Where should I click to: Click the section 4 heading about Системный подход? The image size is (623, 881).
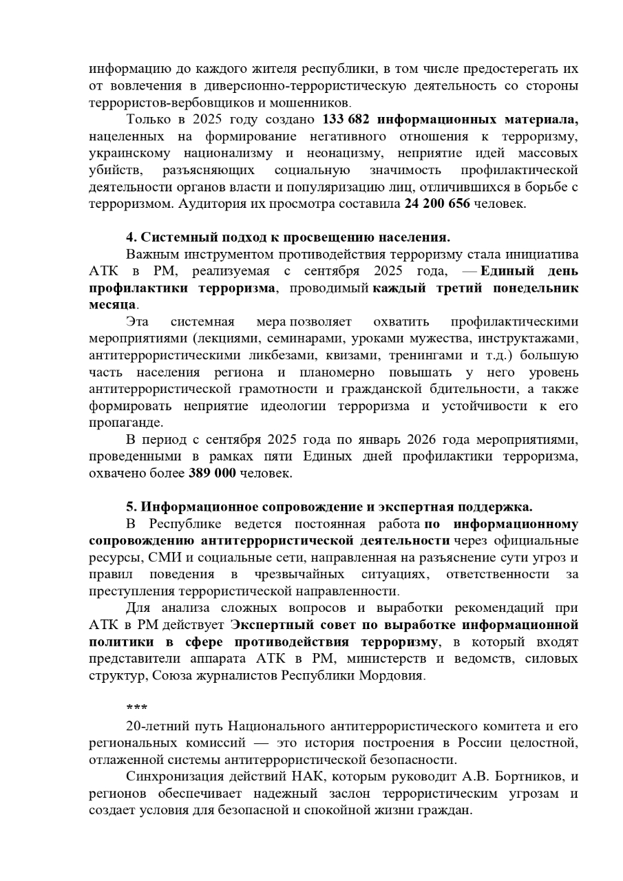pyautogui.click(x=288, y=237)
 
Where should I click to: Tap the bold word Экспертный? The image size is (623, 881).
pyautogui.click(x=266, y=624)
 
